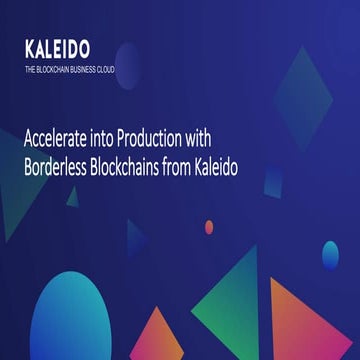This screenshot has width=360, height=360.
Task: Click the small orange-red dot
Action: point(209,227)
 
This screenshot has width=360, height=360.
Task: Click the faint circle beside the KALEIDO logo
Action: point(127,58)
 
